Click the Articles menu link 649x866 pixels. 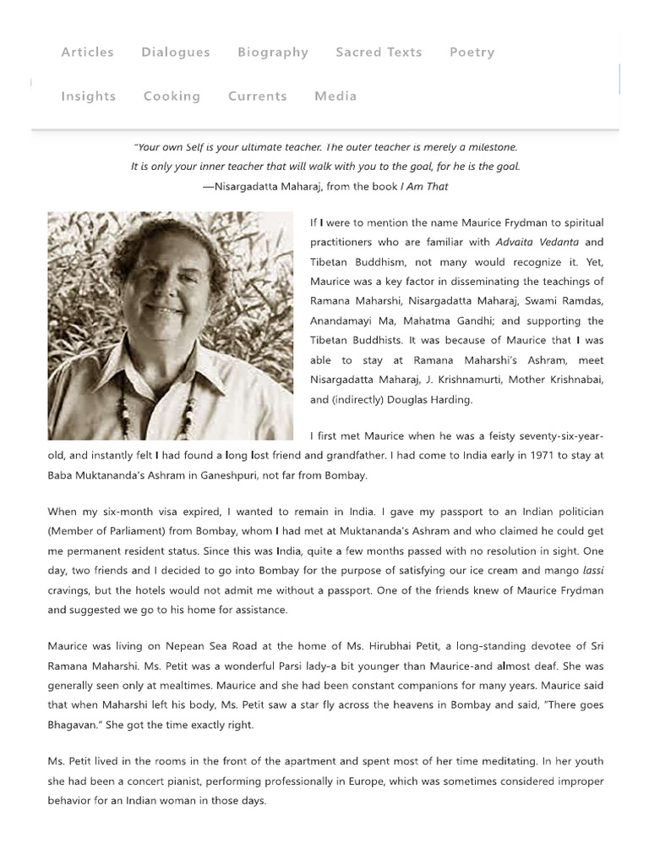click(87, 52)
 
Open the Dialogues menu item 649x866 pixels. click(176, 52)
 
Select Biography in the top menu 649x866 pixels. click(273, 52)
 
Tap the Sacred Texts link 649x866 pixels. click(379, 52)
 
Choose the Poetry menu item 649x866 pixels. click(472, 52)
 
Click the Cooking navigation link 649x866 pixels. click(172, 96)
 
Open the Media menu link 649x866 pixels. click(335, 96)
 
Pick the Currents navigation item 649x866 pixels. click(258, 96)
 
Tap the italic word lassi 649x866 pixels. click(593, 571)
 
